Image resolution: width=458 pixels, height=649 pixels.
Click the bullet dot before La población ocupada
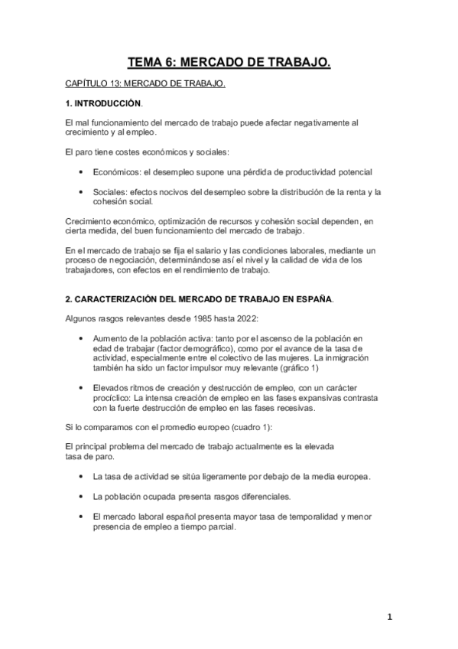tap(82, 496)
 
